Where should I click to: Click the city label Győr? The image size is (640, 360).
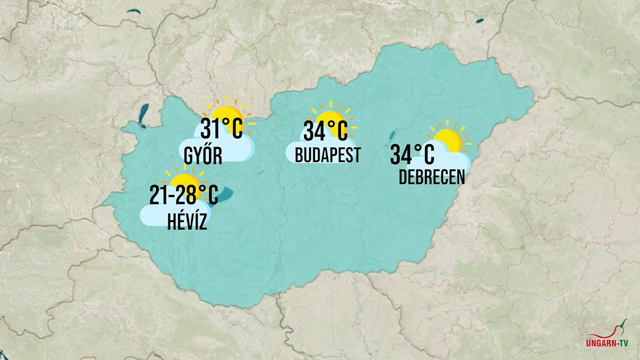coord(202,156)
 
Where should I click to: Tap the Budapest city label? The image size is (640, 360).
coord(327,155)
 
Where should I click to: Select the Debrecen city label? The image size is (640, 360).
coord(431,177)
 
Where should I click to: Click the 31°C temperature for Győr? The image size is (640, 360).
coord(221,128)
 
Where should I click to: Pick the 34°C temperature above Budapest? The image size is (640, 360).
coord(325,131)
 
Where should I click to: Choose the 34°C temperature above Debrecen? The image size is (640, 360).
coord(412,154)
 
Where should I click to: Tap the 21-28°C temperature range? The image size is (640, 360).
coord(183,194)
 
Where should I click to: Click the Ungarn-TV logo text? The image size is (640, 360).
coord(607,343)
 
